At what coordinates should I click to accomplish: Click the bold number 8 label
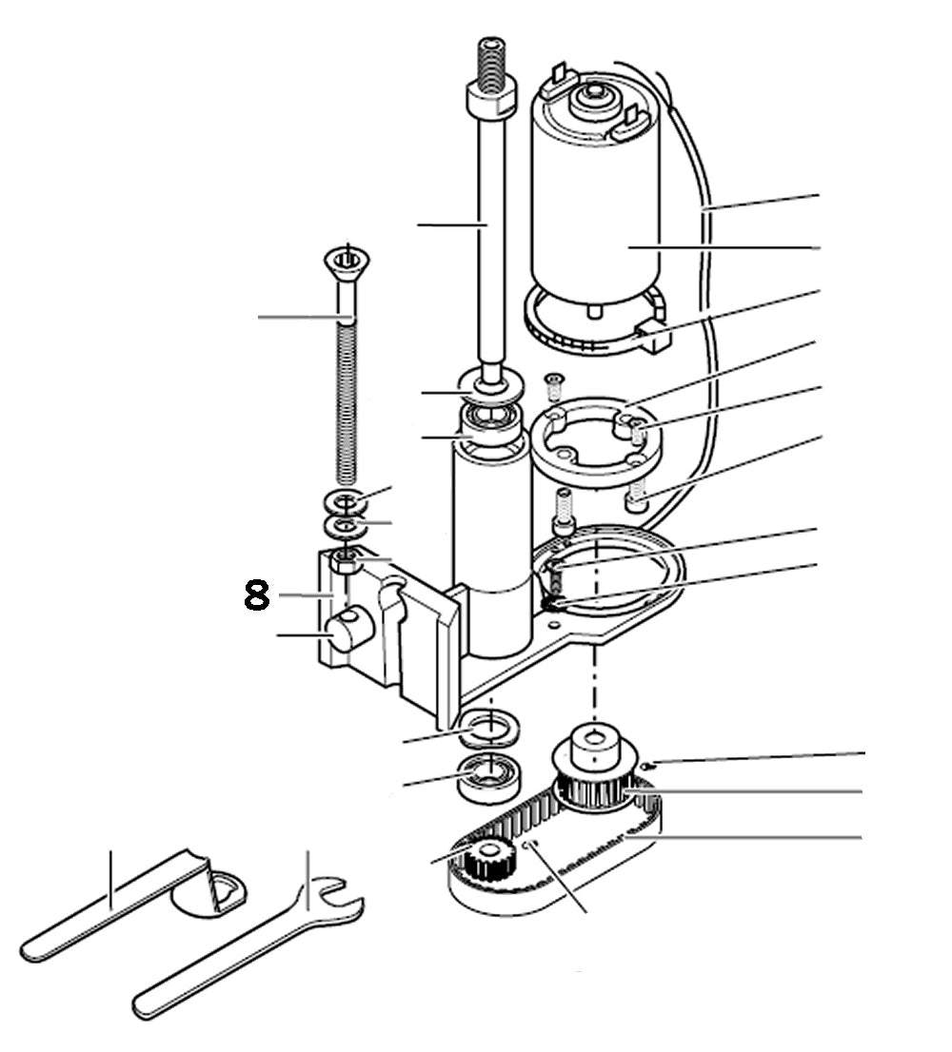tap(256, 595)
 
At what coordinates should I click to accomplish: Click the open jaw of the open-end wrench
tap(338, 899)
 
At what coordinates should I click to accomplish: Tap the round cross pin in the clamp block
tap(346, 632)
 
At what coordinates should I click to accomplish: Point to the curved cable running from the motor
tap(704, 285)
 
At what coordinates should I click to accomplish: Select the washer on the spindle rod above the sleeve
tap(492, 384)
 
